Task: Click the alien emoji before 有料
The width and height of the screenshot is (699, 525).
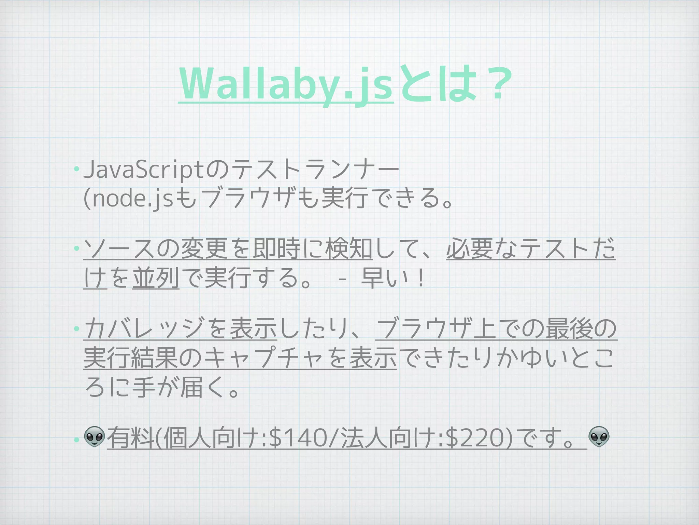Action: click(94, 437)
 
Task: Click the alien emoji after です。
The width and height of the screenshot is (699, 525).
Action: click(599, 437)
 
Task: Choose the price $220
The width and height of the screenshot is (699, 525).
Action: click(474, 439)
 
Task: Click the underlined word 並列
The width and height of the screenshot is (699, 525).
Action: click(156, 278)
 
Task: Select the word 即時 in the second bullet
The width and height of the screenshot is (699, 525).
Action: click(276, 249)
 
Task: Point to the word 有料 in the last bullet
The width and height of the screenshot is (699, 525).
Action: click(130, 439)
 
